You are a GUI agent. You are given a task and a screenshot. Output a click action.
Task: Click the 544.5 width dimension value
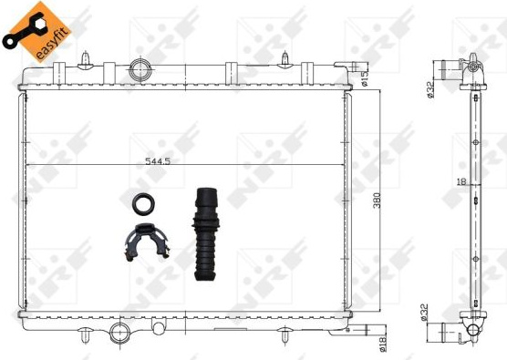click(x=158, y=160)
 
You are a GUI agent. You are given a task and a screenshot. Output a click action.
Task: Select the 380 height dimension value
click(x=377, y=201)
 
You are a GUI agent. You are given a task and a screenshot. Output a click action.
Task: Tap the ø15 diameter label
click(x=365, y=79)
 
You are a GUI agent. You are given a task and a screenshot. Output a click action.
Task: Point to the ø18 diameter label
click(x=383, y=345)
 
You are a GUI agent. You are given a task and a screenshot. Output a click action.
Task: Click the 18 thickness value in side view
click(x=461, y=182)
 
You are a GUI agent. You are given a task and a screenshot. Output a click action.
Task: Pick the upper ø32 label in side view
click(x=429, y=89)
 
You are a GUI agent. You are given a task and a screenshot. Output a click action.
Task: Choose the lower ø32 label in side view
click(x=424, y=312)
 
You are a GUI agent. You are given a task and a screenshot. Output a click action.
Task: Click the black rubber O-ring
click(x=143, y=203)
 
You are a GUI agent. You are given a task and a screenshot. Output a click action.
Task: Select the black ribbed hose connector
click(x=206, y=233)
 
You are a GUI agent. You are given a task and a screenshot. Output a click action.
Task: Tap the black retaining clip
click(x=147, y=241)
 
